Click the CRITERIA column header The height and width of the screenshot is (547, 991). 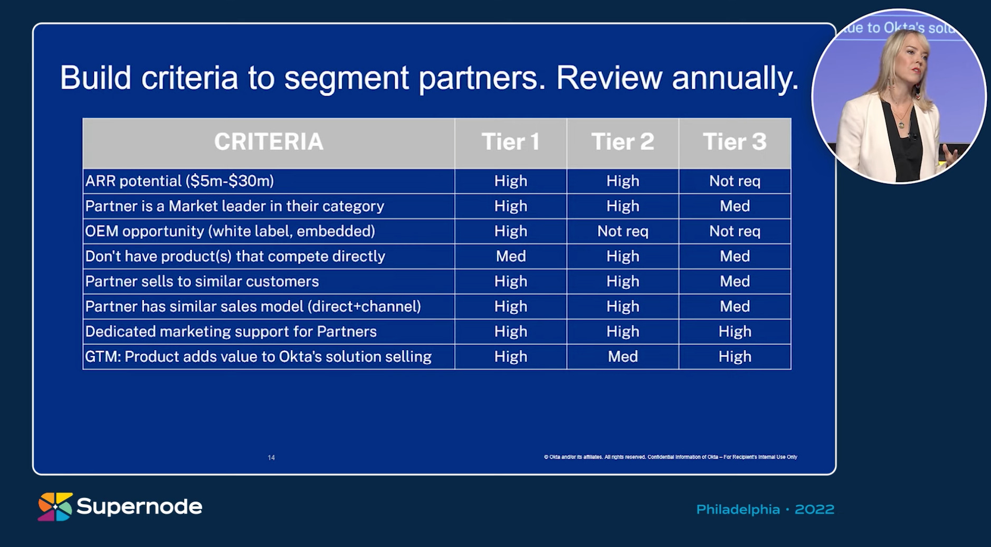269,142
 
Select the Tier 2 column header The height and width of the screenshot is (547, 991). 623,142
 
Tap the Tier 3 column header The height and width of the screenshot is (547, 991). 735,142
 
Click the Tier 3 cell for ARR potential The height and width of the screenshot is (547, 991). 735,181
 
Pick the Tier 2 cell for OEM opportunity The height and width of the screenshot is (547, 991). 623,231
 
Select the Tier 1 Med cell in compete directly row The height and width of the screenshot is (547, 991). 511,257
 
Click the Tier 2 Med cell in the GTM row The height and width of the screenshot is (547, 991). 623,357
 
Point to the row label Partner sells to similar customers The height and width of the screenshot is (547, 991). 202,281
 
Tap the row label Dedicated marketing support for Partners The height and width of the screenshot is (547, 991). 231,332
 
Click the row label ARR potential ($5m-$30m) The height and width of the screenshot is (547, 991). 179,181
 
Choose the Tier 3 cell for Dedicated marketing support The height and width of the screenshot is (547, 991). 735,332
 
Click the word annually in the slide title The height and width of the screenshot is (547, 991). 735,78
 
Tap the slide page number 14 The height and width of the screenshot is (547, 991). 271,458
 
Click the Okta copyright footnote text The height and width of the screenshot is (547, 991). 670,457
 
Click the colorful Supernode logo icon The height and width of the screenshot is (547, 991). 55,507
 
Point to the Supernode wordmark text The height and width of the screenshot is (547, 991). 139,507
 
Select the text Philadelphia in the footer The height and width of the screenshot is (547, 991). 738,510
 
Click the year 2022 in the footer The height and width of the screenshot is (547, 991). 814,510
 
